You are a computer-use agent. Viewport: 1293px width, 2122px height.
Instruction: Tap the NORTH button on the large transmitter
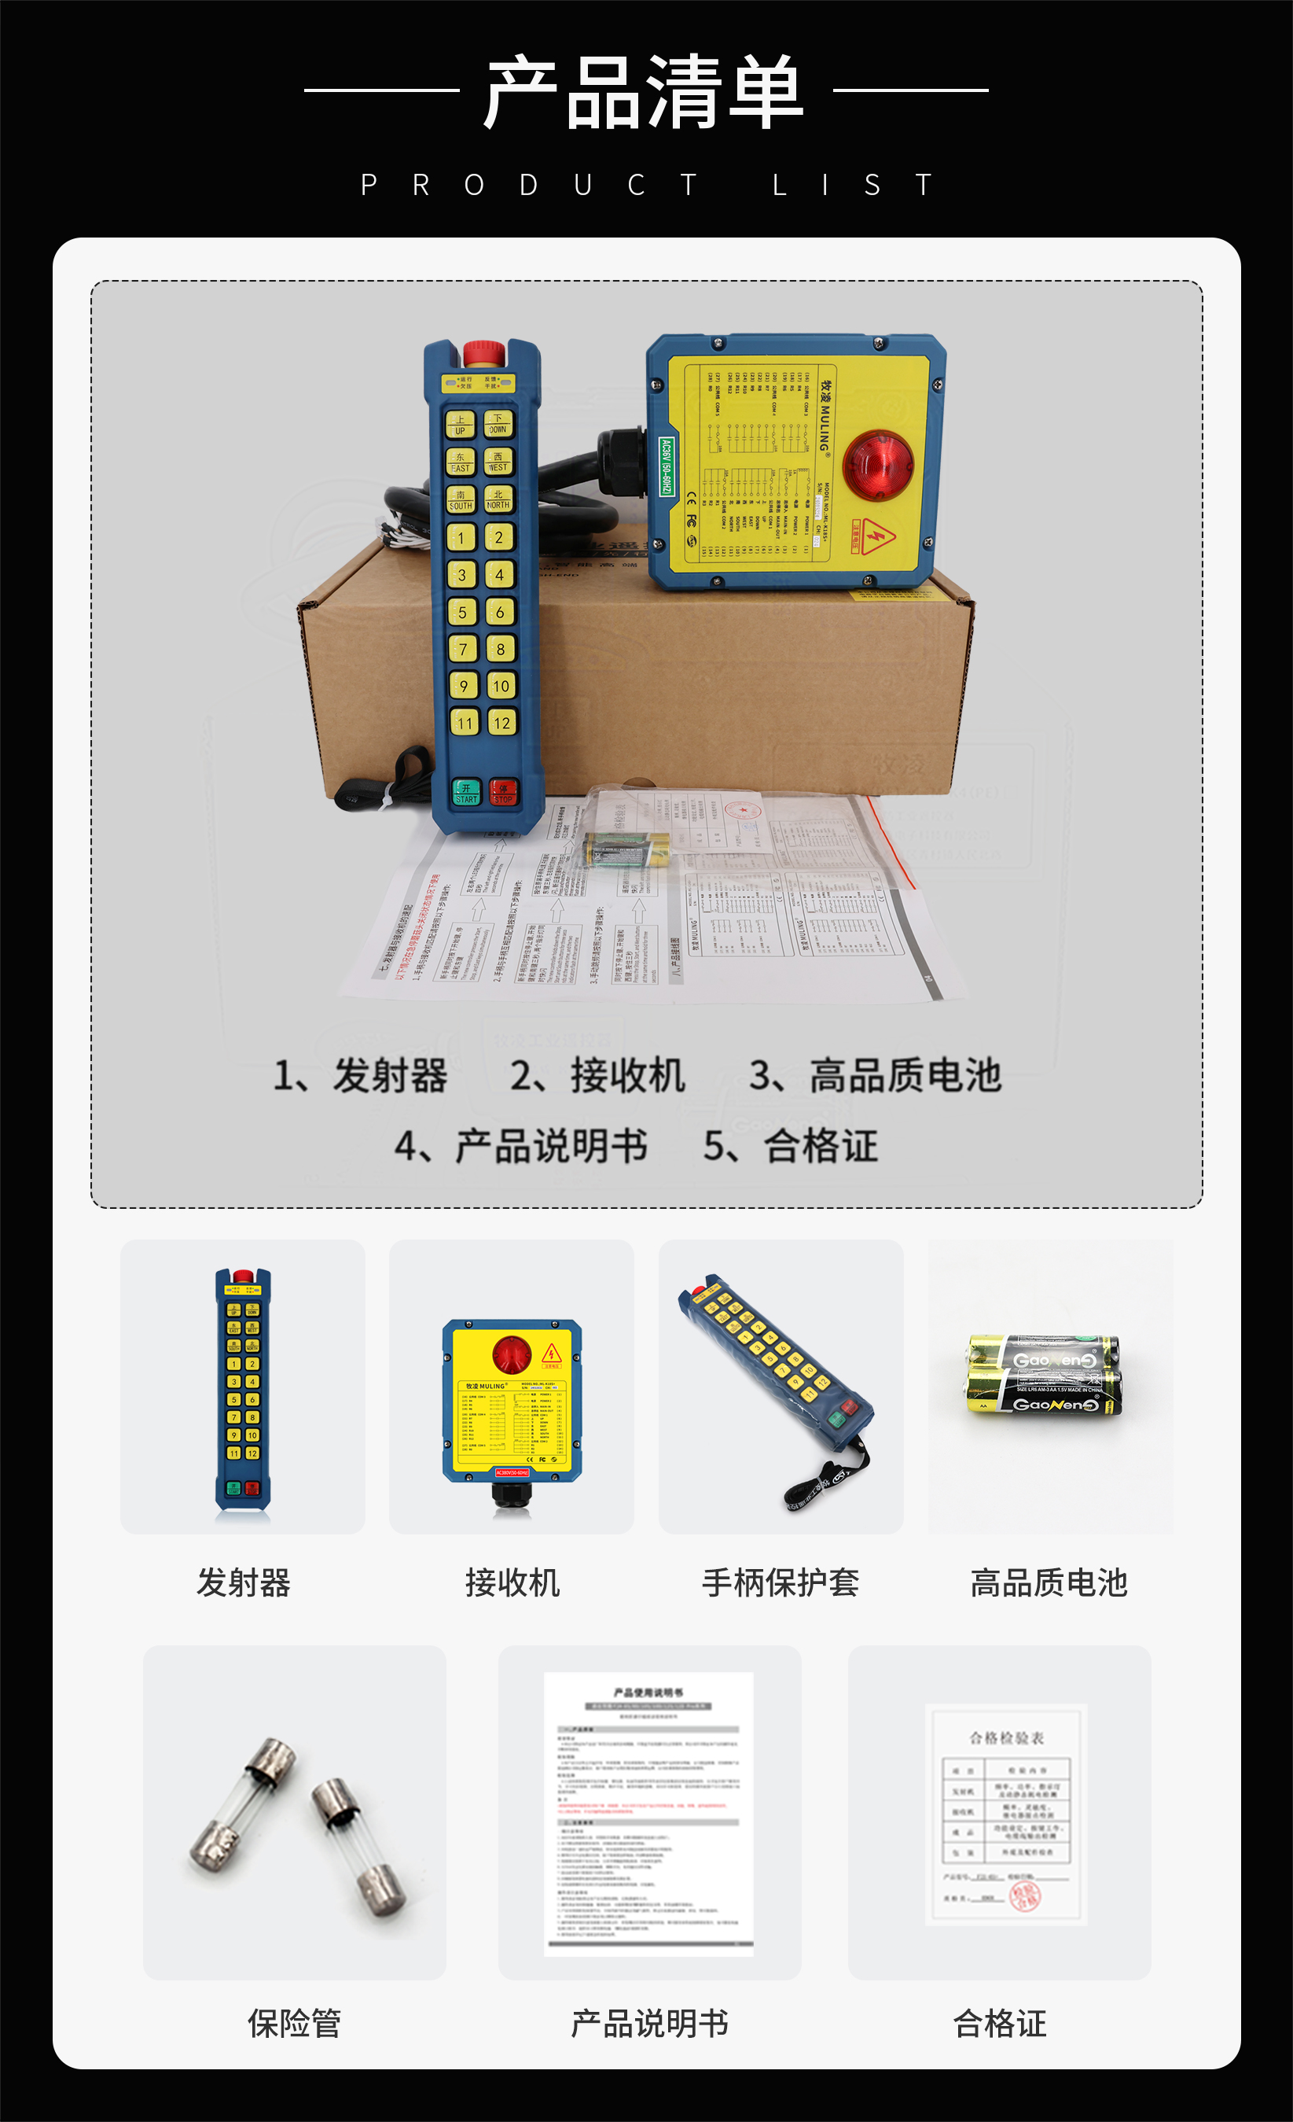[x=498, y=499]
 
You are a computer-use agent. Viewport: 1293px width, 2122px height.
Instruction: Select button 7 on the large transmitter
[x=462, y=650]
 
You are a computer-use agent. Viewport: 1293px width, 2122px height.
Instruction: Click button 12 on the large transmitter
[x=502, y=723]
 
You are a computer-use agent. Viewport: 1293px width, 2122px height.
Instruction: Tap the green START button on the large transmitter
[x=466, y=791]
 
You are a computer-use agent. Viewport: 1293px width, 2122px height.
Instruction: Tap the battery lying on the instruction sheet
[x=626, y=849]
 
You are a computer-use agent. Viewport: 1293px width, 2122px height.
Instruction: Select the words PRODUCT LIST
[x=645, y=185]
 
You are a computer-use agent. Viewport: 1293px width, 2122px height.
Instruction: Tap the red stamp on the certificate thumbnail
[x=1024, y=1895]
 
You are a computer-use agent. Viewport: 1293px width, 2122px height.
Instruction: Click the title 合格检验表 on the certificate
[x=1006, y=1738]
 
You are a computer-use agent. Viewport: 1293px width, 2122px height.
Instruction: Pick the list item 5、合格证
[x=790, y=1146]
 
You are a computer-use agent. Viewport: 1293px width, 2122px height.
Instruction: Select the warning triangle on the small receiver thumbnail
[x=552, y=1353]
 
